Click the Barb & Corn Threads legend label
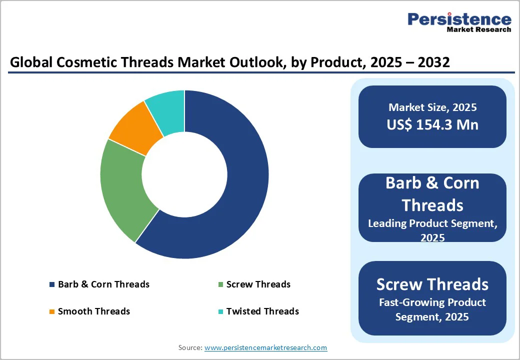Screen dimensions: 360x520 click(103, 284)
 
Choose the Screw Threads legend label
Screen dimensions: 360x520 click(258, 284)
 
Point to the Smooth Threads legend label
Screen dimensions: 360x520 click(93, 311)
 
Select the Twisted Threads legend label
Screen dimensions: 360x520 click(262, 311)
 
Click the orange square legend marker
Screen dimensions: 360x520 click(52, 312)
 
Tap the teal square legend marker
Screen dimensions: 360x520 click(220, 312)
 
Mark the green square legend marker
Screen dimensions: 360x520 click(220, 285)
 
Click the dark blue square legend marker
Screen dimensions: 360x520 click(52, 285)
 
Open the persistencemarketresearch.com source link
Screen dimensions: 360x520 click(265, 347)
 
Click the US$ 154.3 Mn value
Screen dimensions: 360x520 click(432, 124)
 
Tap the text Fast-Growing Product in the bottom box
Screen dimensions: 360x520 click(432, 302)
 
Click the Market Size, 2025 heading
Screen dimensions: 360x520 click(432, 107)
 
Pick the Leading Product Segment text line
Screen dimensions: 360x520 click(432, 223)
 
